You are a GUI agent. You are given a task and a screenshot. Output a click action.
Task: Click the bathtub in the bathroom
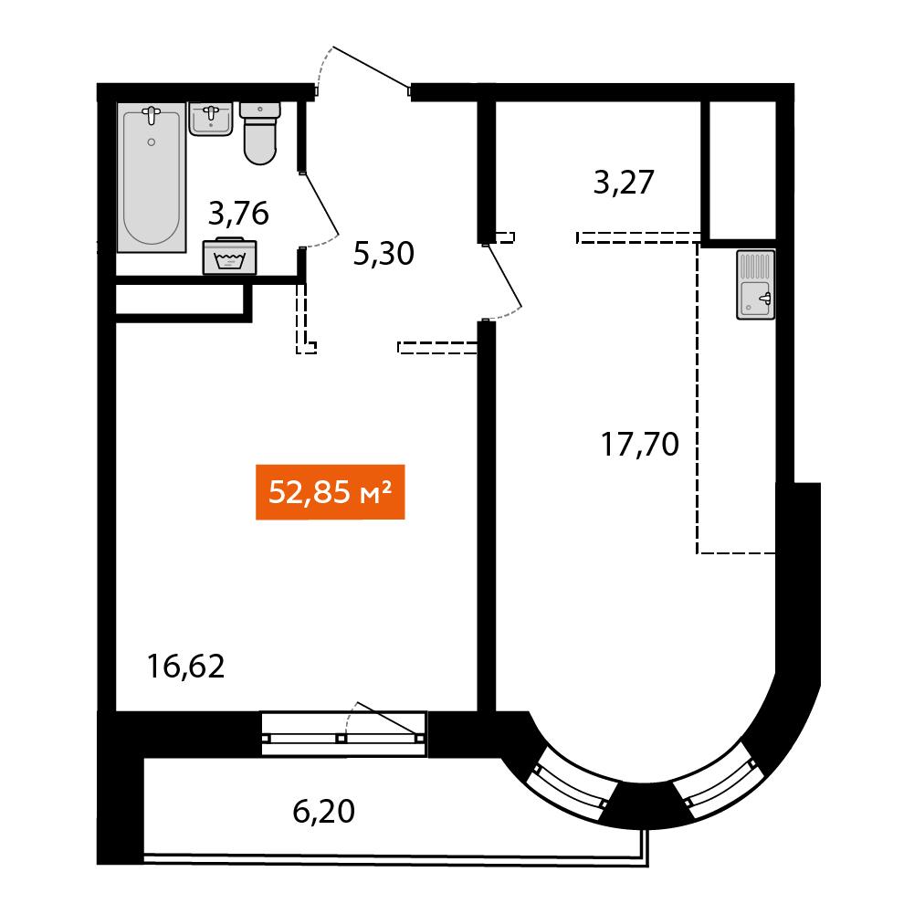click(x=152, y=177)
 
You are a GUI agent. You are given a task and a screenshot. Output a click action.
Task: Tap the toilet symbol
click(x=260, y=133)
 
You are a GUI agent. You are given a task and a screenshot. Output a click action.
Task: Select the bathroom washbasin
click(x=211, y=120)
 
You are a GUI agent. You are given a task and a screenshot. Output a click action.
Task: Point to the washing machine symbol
click(x=230, y=256)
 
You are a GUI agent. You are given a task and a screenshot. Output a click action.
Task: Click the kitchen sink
click(x=756, y=285)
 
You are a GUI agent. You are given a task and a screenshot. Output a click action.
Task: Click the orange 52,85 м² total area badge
click(x=331, y=492)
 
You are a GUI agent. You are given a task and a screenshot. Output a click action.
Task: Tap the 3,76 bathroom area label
click(x=238, y=214)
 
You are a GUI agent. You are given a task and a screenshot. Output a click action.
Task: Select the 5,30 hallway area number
click(x=383, y=254)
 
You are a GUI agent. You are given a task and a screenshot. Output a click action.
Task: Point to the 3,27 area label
click(x=624, y=183)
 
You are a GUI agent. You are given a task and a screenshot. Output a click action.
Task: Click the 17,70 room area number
click(x=639, y=444)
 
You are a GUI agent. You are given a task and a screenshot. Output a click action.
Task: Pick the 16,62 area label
click(x=186, y=667)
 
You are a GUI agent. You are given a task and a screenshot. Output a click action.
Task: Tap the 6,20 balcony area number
click(x=323, y=812)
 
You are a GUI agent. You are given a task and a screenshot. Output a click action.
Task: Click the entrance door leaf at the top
click(x=371, y=68)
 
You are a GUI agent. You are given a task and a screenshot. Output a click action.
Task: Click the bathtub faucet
click(x=152, y=114)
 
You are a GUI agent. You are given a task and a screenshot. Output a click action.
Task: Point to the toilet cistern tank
click(x=260, y=110)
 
